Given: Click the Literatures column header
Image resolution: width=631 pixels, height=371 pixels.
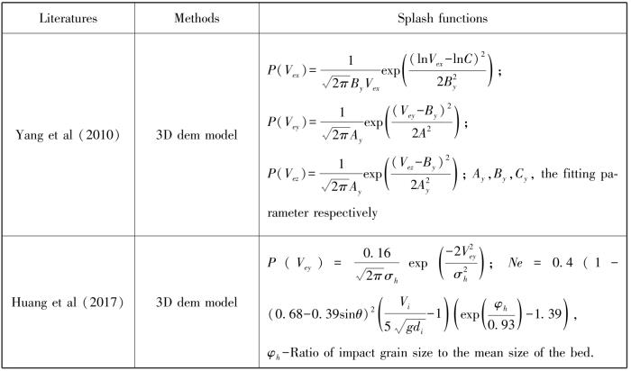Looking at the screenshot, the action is (x=68, y=19).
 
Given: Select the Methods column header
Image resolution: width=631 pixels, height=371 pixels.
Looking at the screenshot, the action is (x=197, y=19).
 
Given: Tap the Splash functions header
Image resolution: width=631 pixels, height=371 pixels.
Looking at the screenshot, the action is (x=443, y=19).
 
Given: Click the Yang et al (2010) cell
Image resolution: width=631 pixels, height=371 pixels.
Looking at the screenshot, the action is (x=68, y=135).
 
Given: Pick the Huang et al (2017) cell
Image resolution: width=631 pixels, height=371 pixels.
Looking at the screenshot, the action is (x=68, y=303).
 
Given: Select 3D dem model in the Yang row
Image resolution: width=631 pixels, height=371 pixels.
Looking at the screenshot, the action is (x=197, y=135).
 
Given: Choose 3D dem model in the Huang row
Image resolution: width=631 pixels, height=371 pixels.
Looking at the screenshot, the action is (x=197, y=303).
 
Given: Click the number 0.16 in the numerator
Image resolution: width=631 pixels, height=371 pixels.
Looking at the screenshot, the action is (x=377, y=253).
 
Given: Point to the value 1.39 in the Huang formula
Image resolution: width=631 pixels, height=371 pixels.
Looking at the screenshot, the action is (x=548, y=313).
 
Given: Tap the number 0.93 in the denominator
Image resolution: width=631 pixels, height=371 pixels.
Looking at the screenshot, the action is (x=500, y=324).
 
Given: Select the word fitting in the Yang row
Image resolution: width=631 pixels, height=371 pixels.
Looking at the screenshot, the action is (x=579, y=174).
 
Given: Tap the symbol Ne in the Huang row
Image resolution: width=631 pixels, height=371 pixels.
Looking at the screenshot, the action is (x=515, y=263).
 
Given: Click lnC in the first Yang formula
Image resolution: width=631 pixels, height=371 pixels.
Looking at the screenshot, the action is (x=464, y=59).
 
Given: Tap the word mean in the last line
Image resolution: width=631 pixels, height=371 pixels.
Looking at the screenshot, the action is (x=489, y=353).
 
